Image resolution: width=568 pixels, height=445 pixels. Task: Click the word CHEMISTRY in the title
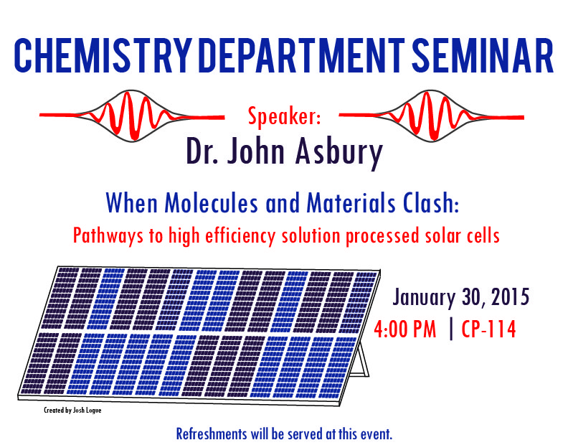103,55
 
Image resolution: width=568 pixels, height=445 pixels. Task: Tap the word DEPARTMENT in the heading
302,55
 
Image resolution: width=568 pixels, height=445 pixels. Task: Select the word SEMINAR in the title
483,55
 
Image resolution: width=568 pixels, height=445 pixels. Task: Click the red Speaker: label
285,116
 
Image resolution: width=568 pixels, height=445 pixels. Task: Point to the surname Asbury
339,152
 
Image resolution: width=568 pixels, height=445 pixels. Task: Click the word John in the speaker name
255,151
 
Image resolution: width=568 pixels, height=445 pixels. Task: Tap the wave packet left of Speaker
132,116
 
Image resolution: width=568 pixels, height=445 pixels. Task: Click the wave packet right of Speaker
432,116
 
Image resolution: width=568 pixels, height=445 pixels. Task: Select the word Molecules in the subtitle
211,202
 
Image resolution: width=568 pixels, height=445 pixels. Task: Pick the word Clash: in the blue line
432,202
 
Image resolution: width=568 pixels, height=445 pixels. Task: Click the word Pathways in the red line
108,236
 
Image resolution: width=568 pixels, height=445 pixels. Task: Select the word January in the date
424,298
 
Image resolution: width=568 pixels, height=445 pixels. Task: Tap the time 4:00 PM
405,329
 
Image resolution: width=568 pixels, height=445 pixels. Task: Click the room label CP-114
488,329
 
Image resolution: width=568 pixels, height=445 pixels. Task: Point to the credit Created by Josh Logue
72,410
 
